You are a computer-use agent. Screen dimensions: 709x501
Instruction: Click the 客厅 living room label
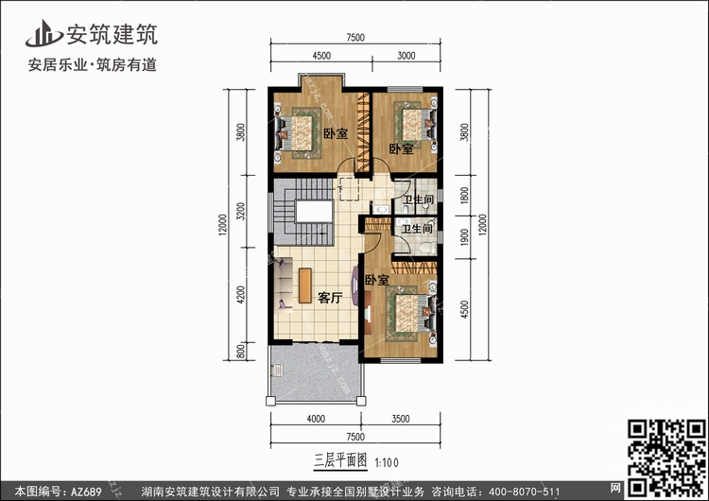330,298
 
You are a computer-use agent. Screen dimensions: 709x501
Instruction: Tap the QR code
666,458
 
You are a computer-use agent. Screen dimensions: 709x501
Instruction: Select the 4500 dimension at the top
321,56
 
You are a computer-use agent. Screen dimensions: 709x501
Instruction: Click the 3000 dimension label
406,56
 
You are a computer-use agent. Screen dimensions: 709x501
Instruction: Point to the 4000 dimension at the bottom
316,419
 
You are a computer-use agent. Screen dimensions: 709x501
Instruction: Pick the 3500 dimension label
400,419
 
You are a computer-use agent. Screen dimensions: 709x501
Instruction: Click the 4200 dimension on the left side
241,295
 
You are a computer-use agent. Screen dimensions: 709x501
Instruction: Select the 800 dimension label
241,352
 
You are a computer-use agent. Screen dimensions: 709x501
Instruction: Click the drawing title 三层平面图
340,460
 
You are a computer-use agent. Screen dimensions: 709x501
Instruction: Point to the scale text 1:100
387,462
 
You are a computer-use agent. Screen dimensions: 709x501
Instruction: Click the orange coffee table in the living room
305,285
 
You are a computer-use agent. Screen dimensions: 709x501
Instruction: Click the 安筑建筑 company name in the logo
112,34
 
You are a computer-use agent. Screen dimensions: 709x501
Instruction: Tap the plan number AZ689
86,491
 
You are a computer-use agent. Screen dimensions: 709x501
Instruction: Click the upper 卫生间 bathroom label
418,199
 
